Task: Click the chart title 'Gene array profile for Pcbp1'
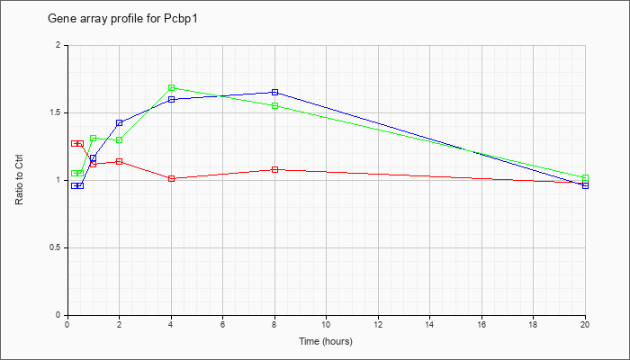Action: click(122, 19)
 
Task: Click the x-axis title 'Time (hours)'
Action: click(326, 341)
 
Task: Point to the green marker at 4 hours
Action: click(172, 87)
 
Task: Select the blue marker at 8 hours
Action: click(274, 92)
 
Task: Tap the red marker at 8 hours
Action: click(274, 169)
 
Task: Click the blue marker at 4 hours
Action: click(172, 99)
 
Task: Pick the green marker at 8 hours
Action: click(274, 105)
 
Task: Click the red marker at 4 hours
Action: click(172, 178)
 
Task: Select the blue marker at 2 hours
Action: click(120, 122)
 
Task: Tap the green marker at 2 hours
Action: click(120, 139)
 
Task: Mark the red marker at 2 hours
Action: click(120, 161)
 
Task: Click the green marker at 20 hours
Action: click(585, 177)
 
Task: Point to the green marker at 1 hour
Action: click(94, 139)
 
